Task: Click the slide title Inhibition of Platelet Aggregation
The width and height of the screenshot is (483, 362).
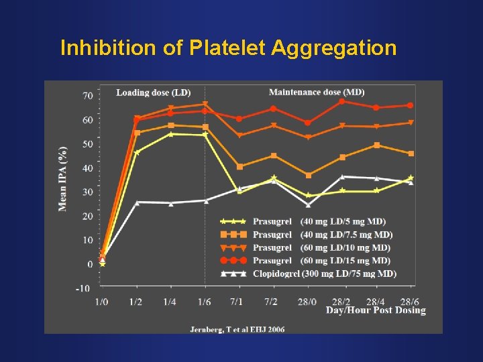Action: (x=228, y=48)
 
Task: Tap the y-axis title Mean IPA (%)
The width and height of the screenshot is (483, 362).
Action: (x=62, y=178)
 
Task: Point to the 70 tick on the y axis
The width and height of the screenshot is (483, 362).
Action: (x=88, y=96)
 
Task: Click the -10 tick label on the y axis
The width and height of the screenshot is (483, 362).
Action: (x=83, y=288)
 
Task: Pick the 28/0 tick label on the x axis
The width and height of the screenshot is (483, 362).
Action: (x=307, y=302)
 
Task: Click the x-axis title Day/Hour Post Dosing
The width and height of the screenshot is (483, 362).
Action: (x=376, y=310)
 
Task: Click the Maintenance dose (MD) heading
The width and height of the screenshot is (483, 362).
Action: (x=317, y=92)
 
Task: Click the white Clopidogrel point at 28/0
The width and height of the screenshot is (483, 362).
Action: (x=308, y=205)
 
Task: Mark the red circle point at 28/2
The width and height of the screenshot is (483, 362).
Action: (x=341, y=101)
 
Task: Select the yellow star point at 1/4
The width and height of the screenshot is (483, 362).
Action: (x=170, y=134)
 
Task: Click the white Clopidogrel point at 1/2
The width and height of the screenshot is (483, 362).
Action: (x=137, y=202)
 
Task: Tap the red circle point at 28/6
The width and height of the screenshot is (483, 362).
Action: (x=411, y=105)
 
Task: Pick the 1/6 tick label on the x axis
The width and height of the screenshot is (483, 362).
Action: (x=205, y=302)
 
